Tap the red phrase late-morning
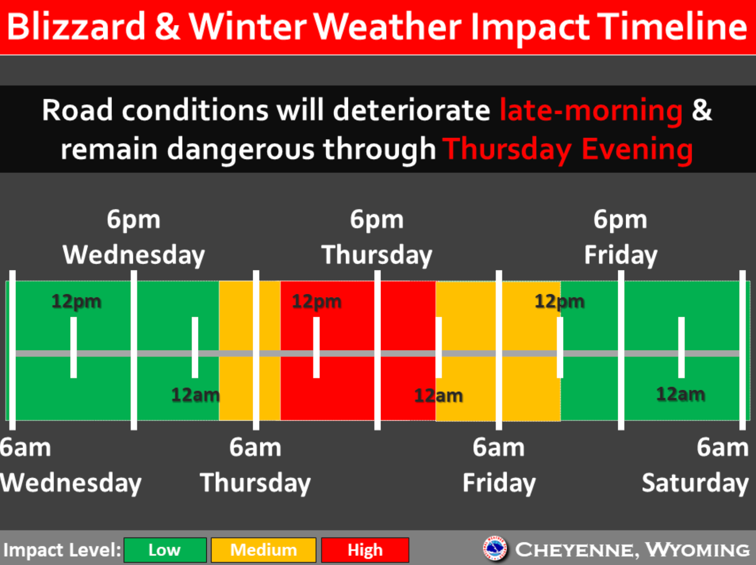(591, 111)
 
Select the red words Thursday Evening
(568, 149)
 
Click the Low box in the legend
(165, 550)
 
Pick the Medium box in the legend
(263, 550)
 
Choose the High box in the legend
(365, 550)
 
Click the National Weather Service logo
(495, 549)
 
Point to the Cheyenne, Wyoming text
(632, 550)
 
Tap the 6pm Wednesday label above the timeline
(134, 237)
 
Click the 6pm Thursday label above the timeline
(377, 237)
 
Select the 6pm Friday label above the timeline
(620, 237)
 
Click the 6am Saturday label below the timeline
(695, 465)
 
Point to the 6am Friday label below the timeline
(499, 465)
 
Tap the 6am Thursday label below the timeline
(255, 465)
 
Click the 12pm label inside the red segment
(317, 301)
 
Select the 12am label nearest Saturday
(680, 394)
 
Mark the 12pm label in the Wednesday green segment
(76, 301)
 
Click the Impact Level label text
(62, 550)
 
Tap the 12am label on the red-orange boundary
(438, 396)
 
